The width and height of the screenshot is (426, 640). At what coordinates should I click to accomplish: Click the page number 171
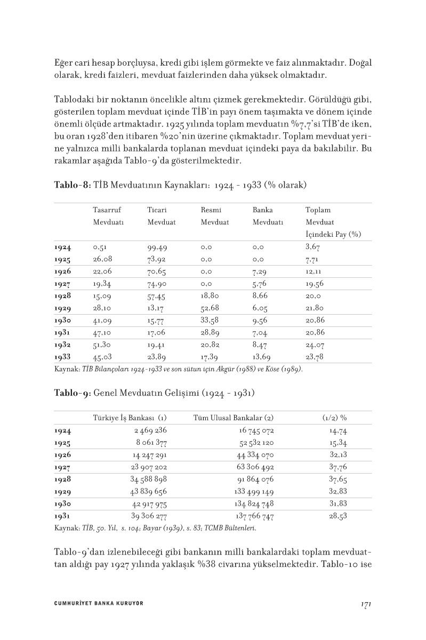point(365,604)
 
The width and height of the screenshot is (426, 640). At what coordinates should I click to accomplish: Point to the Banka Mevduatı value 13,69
point(261,357)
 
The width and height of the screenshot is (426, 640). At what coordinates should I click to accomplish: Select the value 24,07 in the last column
point(315,345)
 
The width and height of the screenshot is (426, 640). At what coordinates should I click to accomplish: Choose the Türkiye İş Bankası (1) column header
point(130,418)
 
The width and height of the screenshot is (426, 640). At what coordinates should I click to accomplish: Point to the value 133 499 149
point(254,492)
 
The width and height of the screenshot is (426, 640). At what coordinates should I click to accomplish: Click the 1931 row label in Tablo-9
point(63,516)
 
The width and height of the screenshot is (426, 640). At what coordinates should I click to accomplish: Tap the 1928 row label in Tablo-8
point(63,295)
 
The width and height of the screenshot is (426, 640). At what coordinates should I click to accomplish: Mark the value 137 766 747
point(254,516)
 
